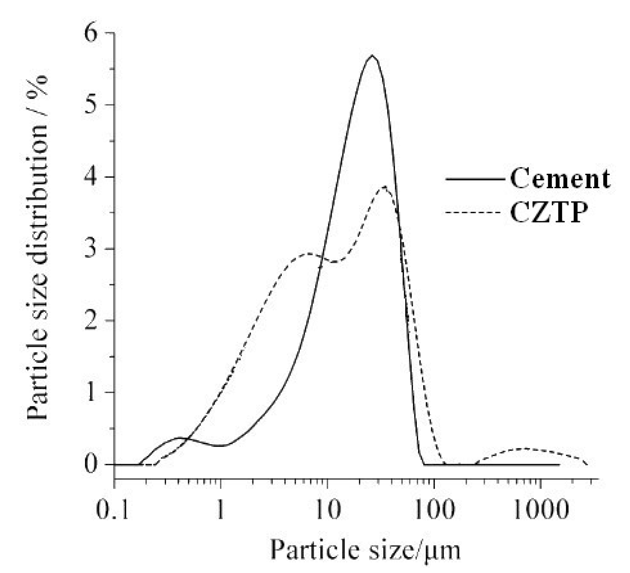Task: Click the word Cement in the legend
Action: point(560,179)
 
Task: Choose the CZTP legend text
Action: point(549,213)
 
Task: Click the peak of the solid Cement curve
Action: point(372,56)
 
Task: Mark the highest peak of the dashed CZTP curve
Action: point(384,187)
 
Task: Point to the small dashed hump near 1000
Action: point(525,448)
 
